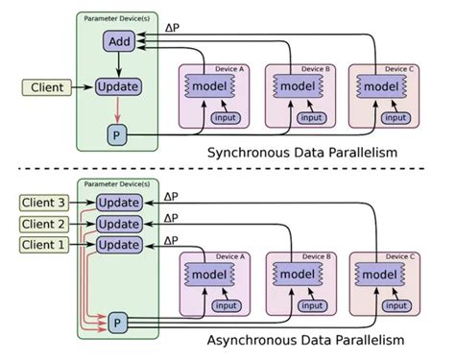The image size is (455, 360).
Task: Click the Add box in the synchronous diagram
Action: click(119, 43)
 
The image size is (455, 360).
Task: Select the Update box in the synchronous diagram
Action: click(119, 87)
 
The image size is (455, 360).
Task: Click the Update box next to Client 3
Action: click(119, 202)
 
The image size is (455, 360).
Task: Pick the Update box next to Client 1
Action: click(119, 244)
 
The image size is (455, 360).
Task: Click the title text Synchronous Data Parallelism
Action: click(300, 154)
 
